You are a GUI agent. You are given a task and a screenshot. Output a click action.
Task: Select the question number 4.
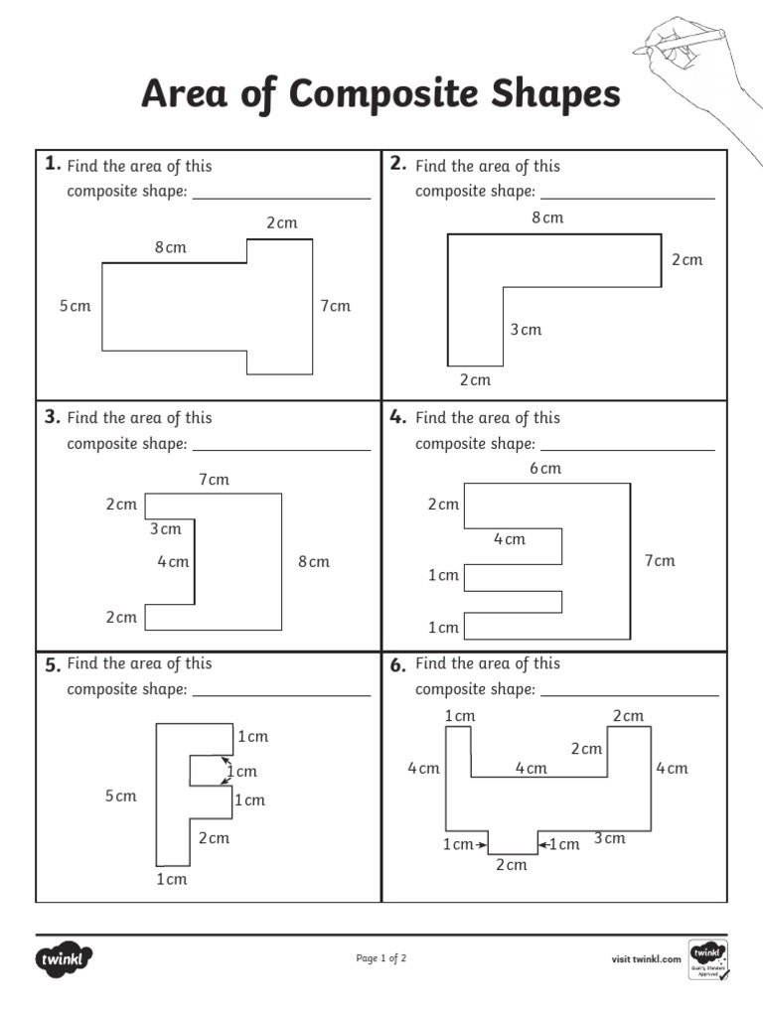pyautogui.click(x=398, y=417)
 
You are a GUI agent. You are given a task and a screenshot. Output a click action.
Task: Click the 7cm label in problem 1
pyautogui.click(x=335, y=306)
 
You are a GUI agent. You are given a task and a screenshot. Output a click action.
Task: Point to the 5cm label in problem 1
pyautogui.click(x=75, y=306)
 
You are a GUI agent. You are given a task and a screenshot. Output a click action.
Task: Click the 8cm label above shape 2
pyautogui.click(x=547, y=218)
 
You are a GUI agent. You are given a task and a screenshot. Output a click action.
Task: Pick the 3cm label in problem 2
pyautogui.click(x=526, y=330)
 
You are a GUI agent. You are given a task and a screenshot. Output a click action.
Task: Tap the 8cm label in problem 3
pyautogui.click(x=313, y=562)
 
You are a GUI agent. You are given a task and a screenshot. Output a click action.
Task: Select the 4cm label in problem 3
pyautogui.click(x=172, y=562)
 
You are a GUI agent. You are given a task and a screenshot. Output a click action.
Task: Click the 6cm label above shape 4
pyautogui.click(x=544, y=468)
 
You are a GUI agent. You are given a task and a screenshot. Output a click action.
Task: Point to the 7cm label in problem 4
pyautogui.click(x=659, y=561)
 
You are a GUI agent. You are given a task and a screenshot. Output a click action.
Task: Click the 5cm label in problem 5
pyautogui.click(x=120, y=797)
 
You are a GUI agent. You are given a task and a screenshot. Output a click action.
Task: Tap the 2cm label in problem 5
pyautogui.click(x=213, y=838)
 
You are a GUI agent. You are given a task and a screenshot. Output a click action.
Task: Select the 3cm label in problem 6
pyautogui.click(x=609, y=838)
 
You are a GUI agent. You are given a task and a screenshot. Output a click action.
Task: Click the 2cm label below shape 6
pyautogui.click(x=511, y=865)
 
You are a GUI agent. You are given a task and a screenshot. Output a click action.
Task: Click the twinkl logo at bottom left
pyautogui.click(x=66, y=959)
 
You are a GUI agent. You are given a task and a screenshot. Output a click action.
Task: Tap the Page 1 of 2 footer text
pyautogui.click(x=381, y=958)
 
